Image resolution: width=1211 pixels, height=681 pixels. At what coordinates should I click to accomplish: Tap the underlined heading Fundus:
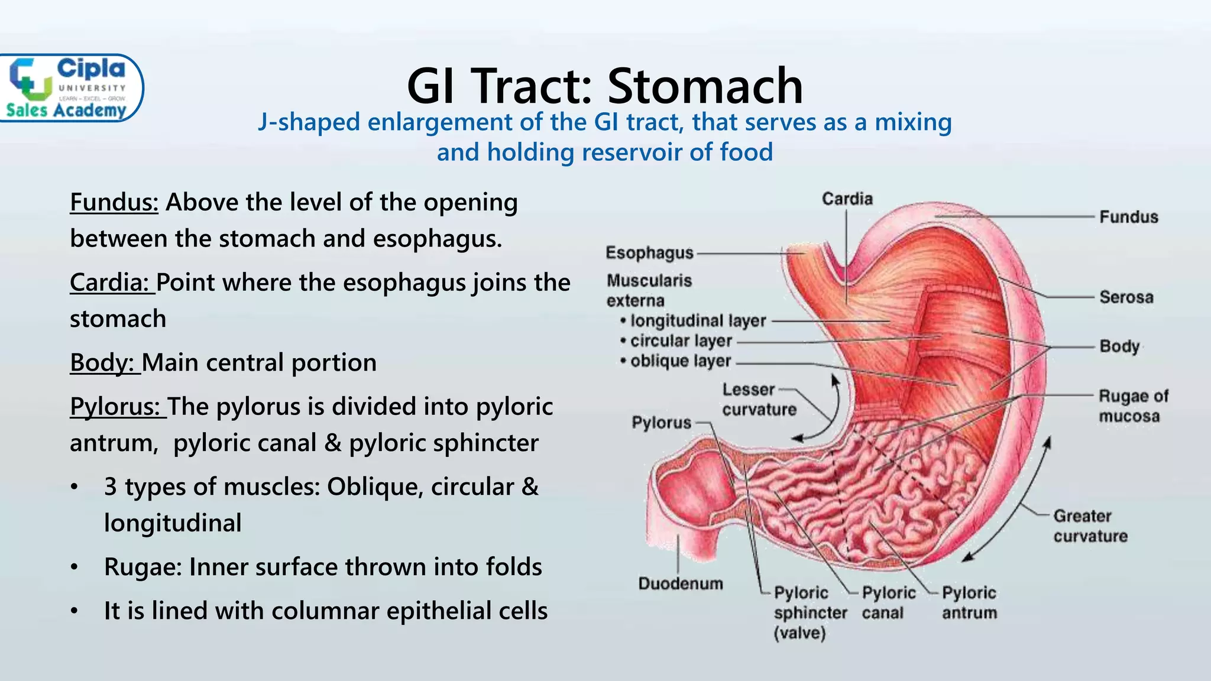tap(114, 202)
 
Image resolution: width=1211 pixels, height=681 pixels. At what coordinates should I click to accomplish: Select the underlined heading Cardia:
tap(111, 282)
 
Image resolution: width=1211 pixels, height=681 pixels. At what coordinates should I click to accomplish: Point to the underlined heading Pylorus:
tap(117, 406)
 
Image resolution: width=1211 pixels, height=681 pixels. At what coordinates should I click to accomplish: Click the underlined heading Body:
tap(105, 362)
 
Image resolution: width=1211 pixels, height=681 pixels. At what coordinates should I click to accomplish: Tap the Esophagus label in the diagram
tap(649, 253)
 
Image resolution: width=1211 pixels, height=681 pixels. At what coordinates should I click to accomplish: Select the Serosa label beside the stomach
tap(1126, 297)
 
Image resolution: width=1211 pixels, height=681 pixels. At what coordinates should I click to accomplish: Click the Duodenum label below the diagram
tap(681, 583)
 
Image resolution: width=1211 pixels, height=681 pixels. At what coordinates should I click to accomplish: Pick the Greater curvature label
tap(1090, 526)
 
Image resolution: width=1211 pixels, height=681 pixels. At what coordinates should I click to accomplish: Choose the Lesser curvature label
tap(759, 400)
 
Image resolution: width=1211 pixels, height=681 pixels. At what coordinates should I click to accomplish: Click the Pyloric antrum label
tap(969, 602)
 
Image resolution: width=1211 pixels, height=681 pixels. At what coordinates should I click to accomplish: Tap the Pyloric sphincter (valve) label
tap(810, 612)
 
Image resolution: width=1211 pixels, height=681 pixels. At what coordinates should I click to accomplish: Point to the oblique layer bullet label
tap(680, 361)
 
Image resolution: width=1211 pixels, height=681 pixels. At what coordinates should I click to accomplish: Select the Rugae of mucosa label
tap(1132, 406)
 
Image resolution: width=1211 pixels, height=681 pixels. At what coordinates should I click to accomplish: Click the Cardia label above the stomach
tap(847, 199)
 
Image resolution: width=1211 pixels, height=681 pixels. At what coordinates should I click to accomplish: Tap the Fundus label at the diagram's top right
tap(1128, 217)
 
